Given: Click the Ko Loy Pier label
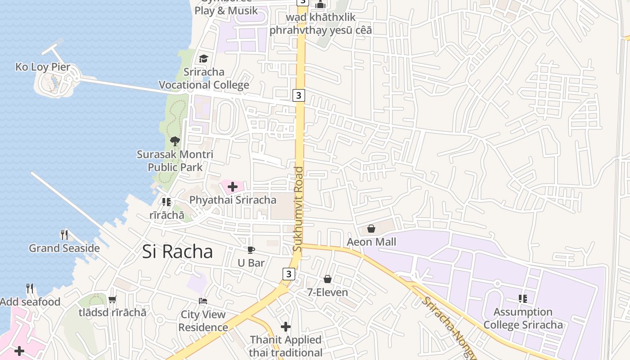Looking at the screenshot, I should click(x=43, y=67).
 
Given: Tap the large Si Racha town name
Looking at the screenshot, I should click(x=177, y=252).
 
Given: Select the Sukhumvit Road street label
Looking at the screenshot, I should click(x=298, y=209).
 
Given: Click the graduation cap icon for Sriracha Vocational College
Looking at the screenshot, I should click(x=203, y=59).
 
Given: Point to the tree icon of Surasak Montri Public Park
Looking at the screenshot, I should click(x=175, y=141).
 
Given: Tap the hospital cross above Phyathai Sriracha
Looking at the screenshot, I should click(x=233, y=187).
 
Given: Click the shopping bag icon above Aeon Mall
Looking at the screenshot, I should click(x=371, y=229).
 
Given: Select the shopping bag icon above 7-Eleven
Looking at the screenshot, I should click(x=328, y=279).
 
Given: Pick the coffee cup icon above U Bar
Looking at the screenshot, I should click(x=251, y=250).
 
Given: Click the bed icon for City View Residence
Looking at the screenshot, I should click(x=203, y=301).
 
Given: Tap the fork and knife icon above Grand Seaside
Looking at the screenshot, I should click(x=64, y=234).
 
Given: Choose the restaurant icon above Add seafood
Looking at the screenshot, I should click(x=30, y=288).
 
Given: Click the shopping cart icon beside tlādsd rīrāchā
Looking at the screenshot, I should click(x=112, y=299).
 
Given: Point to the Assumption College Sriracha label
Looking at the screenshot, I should click(x=523, y=318).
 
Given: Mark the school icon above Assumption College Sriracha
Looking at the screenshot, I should click(x=523, y=298).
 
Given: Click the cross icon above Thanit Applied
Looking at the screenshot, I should click(x=286, y=327).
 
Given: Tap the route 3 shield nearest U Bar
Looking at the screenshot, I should click(x=288, y=274).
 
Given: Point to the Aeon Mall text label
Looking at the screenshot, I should click(x=371, y=242).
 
